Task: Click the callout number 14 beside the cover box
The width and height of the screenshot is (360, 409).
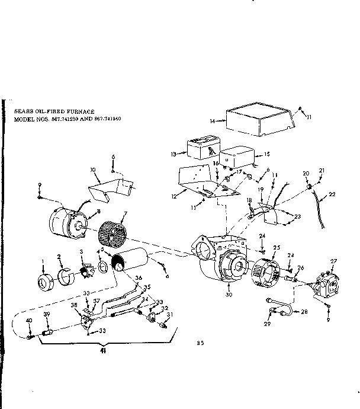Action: click(x=212, y=121)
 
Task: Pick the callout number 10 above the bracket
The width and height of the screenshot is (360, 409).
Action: click(x=93, y=170)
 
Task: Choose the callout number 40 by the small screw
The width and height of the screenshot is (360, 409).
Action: click(x=28, y=321)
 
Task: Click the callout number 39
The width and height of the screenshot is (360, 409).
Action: click(x=47, y=314)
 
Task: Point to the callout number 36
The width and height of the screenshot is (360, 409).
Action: click(x=139, y=279)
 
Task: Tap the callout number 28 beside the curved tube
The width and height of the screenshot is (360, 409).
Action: click(x=305, y=311)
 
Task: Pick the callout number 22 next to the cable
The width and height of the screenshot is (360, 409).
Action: click(x=331, y=194)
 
